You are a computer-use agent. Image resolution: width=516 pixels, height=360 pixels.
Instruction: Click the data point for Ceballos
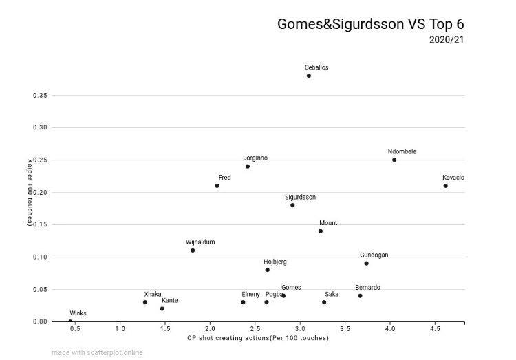click(309, 76)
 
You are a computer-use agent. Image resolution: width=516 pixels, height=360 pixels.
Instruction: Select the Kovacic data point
click(446, 186)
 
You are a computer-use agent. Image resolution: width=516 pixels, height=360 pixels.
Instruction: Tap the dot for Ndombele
click(394, 160)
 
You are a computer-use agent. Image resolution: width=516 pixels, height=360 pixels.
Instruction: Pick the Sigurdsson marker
click(292, 205)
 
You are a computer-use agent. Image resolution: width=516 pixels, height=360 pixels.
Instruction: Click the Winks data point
click(70, 321)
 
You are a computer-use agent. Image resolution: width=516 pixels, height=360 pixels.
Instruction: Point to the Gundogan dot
click(367, 263)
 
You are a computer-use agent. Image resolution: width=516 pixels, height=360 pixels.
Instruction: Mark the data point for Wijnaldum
click(193, 251)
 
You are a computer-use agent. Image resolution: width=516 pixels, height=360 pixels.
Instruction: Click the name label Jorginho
click(255, 158)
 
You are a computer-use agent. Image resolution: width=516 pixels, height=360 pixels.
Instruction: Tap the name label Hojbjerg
click(275, 262)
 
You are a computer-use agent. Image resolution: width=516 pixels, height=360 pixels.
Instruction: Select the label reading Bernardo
click(367, 287)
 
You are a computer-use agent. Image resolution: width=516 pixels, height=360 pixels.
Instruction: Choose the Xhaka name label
click(153, 294)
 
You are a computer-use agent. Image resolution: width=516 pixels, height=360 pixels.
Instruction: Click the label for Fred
click(224, 178)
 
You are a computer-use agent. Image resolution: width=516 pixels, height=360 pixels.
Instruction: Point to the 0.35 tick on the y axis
click(40, 95)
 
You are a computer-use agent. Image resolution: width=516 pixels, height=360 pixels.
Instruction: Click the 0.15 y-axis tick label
click(40, 224)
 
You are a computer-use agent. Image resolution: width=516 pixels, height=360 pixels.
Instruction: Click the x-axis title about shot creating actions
click(258, 338)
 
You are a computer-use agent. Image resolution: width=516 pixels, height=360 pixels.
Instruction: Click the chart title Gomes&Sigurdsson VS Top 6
click(370, 23)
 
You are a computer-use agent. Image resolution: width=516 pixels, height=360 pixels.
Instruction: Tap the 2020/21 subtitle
click(447, 39)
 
